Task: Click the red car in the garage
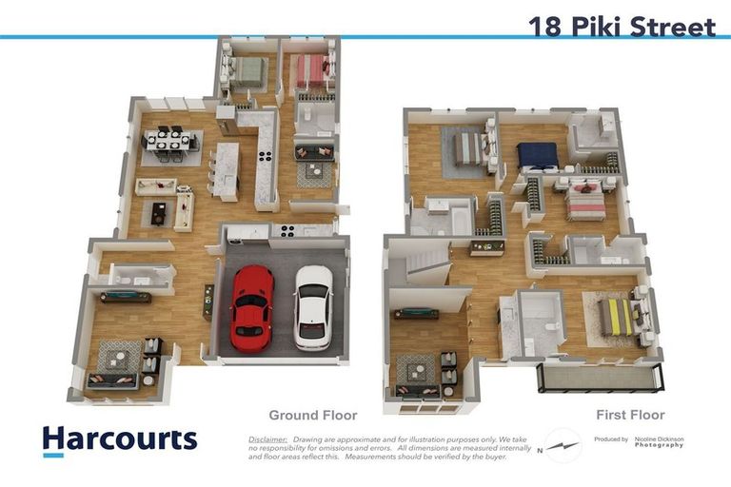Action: [x=252, y=306]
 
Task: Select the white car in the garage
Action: [x=313, y=306]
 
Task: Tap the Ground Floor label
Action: [x=313, y=415]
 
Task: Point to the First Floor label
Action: [x=629, y=415]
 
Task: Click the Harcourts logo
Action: [x=120, y=439]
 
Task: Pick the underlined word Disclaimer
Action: [x=267, y=439]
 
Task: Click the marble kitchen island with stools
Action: [x=226, y=171]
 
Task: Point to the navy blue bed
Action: [x=538, y=155]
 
